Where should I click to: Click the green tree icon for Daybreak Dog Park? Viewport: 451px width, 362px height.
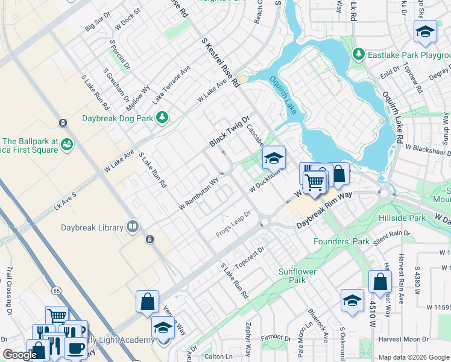[162, 117]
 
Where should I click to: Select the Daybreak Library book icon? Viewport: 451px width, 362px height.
[133, 227]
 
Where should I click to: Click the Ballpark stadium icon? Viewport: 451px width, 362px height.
[67, 144]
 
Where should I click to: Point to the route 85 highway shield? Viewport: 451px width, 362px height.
[57, 291]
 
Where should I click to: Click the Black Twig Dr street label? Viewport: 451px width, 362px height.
[229, 132]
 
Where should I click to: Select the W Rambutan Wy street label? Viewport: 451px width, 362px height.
[198, 194]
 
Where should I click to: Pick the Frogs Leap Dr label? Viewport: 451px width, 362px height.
[233, 224]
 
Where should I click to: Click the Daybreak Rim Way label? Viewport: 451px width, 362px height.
[324, 211]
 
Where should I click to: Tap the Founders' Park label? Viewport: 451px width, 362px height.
[341, 241]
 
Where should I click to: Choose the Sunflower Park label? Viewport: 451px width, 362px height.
[297, 276]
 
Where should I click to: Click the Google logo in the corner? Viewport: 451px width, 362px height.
[20, 355]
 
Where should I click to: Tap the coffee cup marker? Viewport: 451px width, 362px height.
[76, 349]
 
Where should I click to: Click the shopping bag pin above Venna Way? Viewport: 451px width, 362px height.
[147, 301]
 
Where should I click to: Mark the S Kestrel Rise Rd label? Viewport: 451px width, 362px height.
[221, 65]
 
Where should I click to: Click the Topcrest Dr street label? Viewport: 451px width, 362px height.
[250, 257]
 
